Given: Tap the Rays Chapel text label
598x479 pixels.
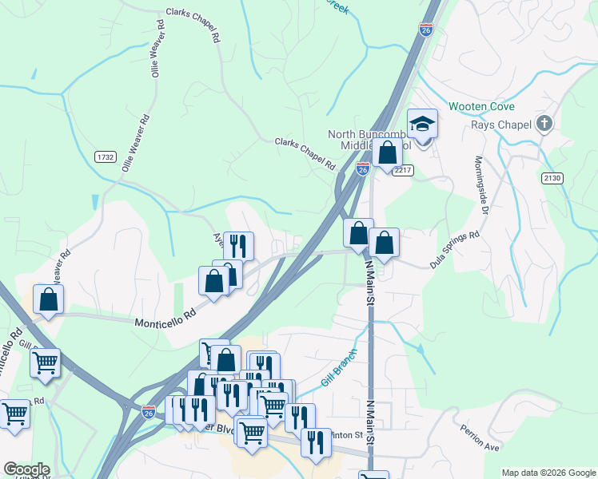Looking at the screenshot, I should click(x=504, y=123).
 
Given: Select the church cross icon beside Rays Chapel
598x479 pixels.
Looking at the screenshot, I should click(x=544, y=123).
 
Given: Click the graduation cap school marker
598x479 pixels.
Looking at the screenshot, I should click(x=422, y=124).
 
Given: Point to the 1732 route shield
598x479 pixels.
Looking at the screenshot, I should click(x=105, y=157).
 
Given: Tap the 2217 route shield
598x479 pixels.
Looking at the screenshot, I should click(x=402, y=171).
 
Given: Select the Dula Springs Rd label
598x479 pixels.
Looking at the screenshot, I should click(x=454, y=248).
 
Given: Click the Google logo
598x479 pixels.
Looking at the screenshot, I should click(x=26, y=469).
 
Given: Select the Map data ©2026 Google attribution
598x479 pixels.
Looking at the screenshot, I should click(x=548, y=473).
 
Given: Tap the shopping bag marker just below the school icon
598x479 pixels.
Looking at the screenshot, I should click(x=387, y=152).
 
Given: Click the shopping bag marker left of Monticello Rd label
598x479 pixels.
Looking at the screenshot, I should click(x=49, y=300).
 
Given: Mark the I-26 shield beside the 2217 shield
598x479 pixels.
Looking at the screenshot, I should click(x=362, y=169).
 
